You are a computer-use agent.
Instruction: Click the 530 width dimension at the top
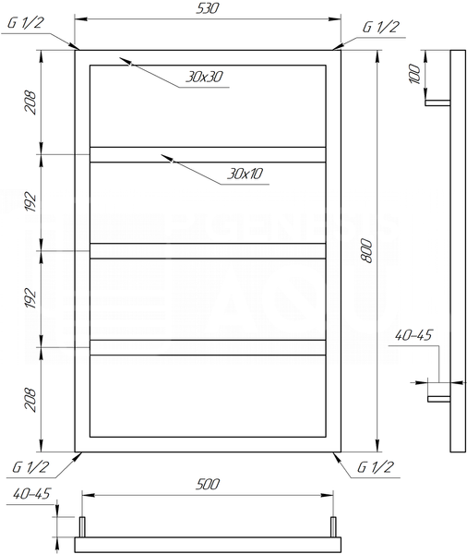(x=208, y=8)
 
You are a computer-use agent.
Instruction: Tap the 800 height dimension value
(x=367, y=251)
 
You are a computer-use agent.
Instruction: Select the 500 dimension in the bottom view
(x=208, y=484)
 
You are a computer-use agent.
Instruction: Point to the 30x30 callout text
(x=204, y=77)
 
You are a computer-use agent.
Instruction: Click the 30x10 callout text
(x=245, y=174)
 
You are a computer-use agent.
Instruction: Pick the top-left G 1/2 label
(x=26, y=23)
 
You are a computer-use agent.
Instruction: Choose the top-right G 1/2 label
(x=381, y=27)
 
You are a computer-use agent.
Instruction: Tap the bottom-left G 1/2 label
(x=30, y=467)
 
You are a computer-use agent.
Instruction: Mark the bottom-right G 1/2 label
(x=375, y=467)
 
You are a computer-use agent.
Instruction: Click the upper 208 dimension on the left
(x=30, y=102)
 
